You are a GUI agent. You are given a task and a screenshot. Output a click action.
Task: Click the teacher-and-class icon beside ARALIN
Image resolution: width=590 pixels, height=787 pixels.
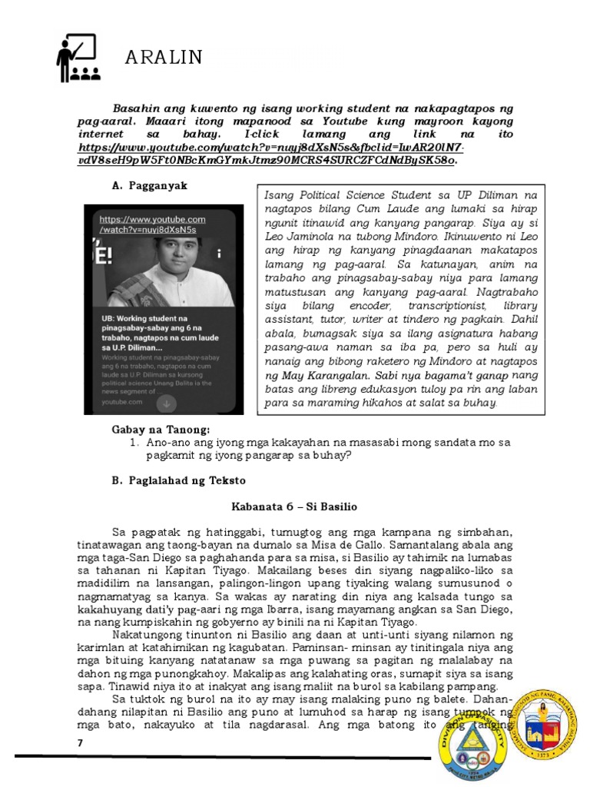coord(76,58)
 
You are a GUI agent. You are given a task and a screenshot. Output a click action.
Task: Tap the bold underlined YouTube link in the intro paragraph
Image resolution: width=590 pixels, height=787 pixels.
coord(273,154)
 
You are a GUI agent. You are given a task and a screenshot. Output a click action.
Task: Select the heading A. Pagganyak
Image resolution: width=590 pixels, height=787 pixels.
coord(149,186)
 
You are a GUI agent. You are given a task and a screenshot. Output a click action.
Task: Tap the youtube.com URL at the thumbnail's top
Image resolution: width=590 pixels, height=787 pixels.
coord(152,224)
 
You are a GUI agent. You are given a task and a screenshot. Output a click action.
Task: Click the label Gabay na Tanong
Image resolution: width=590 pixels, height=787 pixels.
coord(161,429)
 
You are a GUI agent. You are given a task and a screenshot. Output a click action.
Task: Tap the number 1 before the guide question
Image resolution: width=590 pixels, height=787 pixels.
coord(133,443)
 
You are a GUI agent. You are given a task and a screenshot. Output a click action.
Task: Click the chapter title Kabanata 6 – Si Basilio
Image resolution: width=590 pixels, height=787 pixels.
coord(294,507)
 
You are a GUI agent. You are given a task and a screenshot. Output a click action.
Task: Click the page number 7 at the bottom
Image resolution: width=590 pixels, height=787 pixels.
coord(79,743)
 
